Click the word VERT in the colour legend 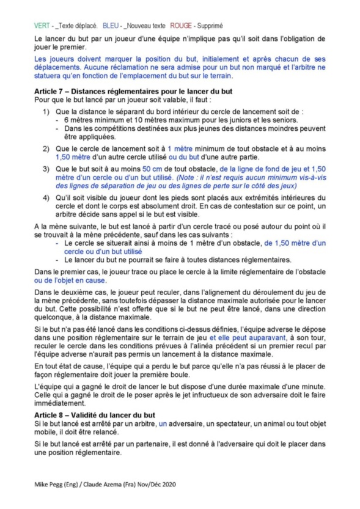pos(42,26)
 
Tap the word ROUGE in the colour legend pos(181,26)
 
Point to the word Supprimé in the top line pos(210,26)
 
